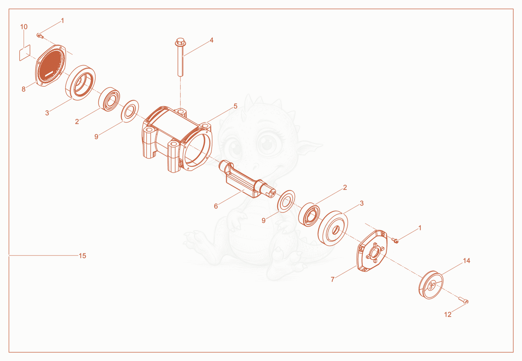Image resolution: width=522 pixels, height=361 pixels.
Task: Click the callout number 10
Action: click(24, 27)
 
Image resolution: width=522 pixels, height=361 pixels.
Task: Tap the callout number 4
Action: click(211, 40)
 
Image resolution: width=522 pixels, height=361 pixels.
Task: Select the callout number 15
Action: click(83, 256)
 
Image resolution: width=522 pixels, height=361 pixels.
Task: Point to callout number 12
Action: click(448, 314)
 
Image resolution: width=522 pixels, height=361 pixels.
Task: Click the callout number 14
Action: click(466, 261)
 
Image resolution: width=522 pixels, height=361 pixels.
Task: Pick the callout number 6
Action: click(216, 206)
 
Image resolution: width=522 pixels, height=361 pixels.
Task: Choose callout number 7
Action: click(332, 279)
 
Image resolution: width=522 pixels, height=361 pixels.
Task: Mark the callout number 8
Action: click(23, 89)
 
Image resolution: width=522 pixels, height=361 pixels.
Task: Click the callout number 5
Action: click(235, 106)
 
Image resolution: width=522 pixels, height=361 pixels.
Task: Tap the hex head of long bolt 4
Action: click(180, 42)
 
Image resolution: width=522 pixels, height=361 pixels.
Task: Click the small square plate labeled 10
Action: click(25, 53)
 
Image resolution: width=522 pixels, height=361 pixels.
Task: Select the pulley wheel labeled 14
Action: click(431, 285)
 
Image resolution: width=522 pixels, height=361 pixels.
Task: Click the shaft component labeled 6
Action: click(247, 179)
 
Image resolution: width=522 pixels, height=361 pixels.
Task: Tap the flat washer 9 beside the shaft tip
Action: click(286, 201)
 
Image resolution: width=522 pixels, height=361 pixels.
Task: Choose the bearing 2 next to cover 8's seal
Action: click(109, 99)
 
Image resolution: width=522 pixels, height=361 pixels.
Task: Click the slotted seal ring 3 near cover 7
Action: click(333, 228)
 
